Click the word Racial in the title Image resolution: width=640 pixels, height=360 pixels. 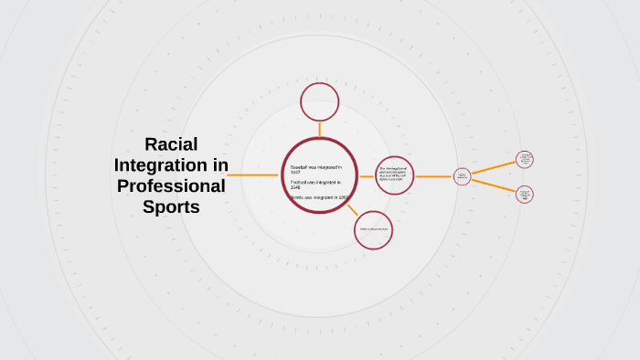click(171, 144)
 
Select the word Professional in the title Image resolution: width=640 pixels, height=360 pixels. click(171, 186)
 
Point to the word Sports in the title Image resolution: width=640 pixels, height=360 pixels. click(171, 207)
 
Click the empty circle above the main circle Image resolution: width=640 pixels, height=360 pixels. click(320, 101)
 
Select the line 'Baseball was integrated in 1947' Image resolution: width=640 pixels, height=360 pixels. click(315, 170)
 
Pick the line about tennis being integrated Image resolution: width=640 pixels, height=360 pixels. click(318, 197)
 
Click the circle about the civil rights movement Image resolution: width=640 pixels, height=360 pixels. click(395, 175)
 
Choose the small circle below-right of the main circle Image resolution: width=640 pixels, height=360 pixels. click(373, 229)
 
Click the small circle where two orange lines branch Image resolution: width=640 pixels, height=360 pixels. click(462, 176)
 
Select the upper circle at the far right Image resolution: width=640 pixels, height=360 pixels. click(525, 159)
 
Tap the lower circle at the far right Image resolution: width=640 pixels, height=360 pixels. click(525, 194)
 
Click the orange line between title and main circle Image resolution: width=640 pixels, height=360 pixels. click(253, 175)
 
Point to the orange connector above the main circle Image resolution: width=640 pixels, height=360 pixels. click(320, 129)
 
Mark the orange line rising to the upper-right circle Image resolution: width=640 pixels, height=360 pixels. click(494, 167)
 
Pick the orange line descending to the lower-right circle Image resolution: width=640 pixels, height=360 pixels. click(494, 185)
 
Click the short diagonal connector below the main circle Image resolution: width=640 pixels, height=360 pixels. click(352, 209)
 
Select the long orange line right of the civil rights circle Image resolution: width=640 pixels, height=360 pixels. click(434, 176)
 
